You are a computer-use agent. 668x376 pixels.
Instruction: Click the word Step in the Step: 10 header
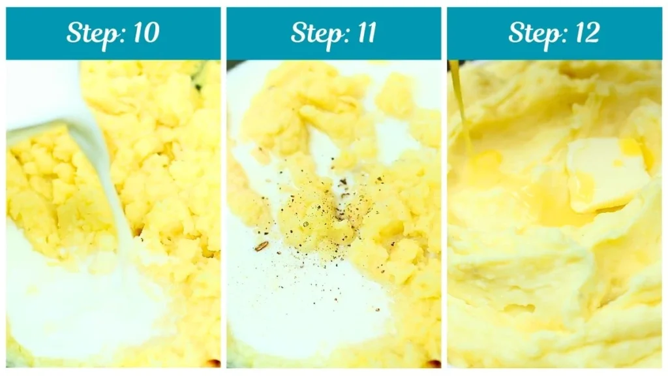91,33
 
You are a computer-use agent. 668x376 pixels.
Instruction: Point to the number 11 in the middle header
363,33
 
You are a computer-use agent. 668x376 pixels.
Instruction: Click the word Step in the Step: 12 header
531,33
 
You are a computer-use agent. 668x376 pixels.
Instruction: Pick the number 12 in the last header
584,33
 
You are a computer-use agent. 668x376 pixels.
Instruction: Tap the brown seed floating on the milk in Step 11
260,246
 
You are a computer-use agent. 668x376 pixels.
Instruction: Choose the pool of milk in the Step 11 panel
287,294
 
